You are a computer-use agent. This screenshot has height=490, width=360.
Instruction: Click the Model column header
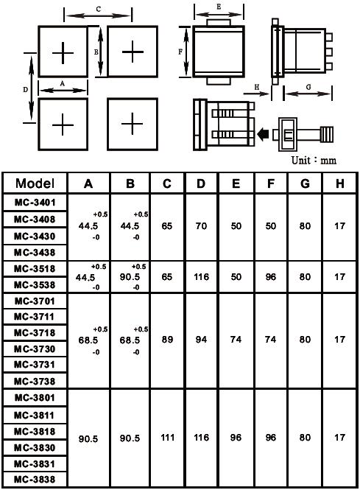pos(35,183)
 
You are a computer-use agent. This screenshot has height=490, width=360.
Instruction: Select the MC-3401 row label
pos(35,203)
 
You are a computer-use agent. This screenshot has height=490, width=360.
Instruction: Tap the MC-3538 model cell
pos(35,284)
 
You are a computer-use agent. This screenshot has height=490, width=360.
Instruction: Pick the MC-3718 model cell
pos(35,332)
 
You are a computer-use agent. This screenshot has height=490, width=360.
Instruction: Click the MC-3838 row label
pos(35,479)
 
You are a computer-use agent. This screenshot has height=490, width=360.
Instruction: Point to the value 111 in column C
pos(167,437)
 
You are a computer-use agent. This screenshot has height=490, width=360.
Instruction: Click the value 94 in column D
pos(201,340)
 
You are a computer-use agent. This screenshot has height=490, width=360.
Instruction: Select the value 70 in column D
pos(201,225)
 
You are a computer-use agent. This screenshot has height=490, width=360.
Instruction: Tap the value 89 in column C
pos(167,340)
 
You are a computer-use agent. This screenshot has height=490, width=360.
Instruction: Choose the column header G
pos(305,183)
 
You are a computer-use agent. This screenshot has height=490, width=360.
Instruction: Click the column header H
pos(339,183)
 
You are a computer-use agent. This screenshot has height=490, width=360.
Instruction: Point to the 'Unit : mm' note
pos(314,161)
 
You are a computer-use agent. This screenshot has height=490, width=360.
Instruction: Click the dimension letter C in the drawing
pos(99,10)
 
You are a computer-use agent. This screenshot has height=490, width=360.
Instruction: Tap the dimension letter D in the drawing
pos(26,90)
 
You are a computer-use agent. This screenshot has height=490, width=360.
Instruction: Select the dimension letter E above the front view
pos(219,7)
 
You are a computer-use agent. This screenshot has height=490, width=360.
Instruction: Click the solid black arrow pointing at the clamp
pos(263,134)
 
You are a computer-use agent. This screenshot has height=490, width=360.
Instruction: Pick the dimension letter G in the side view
pos(308,87)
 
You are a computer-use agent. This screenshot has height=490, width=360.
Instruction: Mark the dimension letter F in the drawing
pos(180,52)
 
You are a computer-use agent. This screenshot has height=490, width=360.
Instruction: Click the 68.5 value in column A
pos(88,340)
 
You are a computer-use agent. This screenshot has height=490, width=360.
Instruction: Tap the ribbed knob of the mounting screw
pos(326,134)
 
